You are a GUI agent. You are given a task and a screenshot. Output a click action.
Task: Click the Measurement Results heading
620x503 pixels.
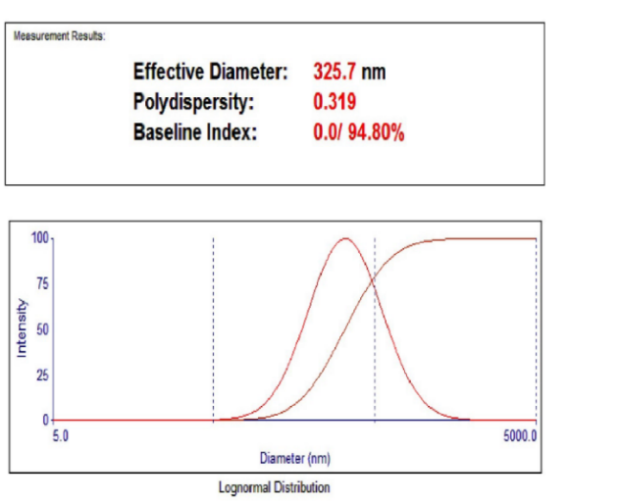point(60,36)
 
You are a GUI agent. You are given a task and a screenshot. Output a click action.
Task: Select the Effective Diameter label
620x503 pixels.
point(210,72)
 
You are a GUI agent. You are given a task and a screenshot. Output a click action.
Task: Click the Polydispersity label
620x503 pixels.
point(193,102)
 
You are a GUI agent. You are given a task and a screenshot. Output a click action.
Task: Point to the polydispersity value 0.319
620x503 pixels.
point(335,102)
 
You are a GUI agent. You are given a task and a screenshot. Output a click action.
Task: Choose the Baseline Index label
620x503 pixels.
point(195,132)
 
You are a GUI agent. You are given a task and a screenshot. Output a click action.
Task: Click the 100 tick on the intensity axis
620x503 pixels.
point(39,237)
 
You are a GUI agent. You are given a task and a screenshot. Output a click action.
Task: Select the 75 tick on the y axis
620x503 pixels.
point(42,283)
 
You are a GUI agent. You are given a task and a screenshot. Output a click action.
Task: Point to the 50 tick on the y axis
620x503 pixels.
point(42,329)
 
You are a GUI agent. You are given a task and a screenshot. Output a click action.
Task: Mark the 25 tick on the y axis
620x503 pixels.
point(42,375)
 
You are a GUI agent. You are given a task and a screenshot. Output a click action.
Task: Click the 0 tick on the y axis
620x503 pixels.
point(45,420)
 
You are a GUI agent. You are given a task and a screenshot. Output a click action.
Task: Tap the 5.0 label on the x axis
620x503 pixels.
point(61,434)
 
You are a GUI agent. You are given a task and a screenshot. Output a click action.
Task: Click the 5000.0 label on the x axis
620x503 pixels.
point(519,434)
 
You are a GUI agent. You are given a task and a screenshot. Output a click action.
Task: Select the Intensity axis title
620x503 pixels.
point(21,328)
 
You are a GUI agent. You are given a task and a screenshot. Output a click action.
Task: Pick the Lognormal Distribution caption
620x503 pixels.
point(274,487)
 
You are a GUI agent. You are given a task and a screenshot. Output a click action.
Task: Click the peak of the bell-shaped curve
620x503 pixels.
point(344,238)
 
